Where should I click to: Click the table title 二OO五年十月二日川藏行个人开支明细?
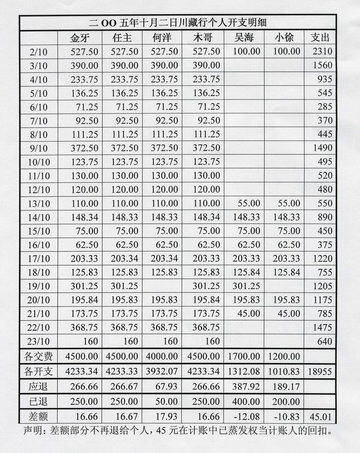click(x=180, y=23)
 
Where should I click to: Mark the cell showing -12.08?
click(x=245, y=416)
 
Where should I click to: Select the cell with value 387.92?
click(x=245, y=386)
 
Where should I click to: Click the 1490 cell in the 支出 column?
click(x=321, y=148)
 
